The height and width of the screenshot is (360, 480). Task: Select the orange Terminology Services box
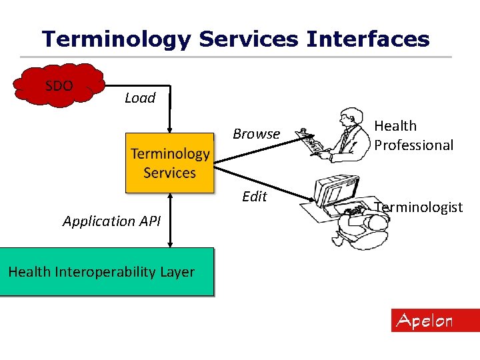(170, 163)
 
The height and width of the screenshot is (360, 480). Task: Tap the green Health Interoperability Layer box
(107, 272)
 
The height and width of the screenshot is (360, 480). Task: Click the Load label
(140, 98)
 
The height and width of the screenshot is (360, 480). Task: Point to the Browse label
(256, 134)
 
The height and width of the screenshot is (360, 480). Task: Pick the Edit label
(255, 197)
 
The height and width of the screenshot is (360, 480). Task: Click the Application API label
(111, 221)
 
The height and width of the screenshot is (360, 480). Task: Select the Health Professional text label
(413, 135)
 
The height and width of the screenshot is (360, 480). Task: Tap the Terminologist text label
(419, 207)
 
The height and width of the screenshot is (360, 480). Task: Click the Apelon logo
(435, 321)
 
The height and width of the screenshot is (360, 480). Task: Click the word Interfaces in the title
(368, 39)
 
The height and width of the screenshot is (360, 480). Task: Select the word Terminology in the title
(117, 39)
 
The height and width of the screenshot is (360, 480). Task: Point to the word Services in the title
(249, 39)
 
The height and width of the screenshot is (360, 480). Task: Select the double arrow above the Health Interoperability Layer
(170, 220)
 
